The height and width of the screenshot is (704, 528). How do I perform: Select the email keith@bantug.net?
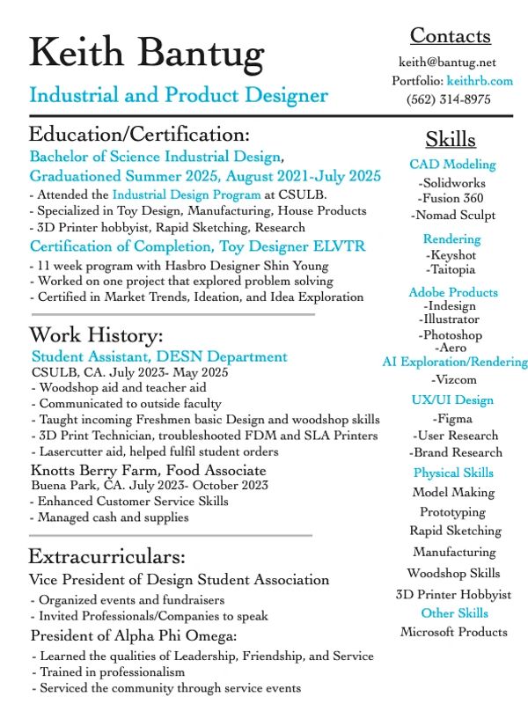[447, 62]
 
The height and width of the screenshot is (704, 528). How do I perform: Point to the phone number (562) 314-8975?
[449, 99]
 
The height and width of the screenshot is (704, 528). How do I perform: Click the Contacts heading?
[451, 36]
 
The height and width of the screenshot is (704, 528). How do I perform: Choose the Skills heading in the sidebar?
[451, 140]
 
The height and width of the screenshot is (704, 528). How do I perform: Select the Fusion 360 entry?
[451, 199]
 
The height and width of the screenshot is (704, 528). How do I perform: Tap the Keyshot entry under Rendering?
[451, 255]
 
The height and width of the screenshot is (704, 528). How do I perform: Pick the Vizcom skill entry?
[451, 379]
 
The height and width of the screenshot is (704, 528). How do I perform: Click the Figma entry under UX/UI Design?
[452, 419]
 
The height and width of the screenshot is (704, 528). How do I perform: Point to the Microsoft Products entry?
[454, 632]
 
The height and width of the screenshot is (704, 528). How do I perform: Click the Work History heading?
[96, 335]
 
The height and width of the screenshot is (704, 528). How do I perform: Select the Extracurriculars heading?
[106, 557]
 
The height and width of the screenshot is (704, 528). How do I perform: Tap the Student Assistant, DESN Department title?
[159, 357]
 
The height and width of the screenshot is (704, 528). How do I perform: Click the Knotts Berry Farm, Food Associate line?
[149, 470]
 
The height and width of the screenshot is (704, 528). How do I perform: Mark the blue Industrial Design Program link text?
[187, 194]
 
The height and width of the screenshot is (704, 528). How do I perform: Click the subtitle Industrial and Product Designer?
[179, 95]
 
